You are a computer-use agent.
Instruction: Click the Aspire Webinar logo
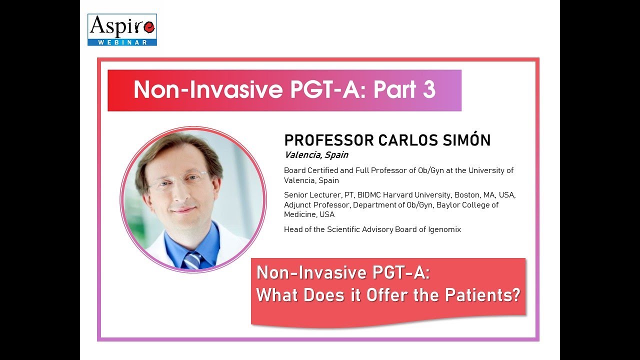click(x=122, y=29)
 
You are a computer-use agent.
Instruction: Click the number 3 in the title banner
click(x=427, y=90)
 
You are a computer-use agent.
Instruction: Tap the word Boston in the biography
click(x=466, y=195)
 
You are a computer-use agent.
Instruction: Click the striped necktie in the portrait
click(x=192, y=260)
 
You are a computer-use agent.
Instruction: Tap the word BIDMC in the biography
click(x=370, y=195)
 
